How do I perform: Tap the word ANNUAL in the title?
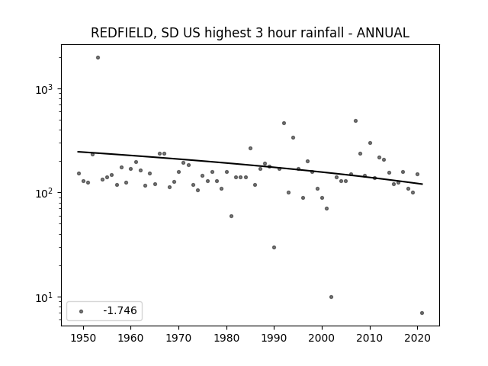(x=383, y=33)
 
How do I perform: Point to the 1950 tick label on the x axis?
(x=83, y=338)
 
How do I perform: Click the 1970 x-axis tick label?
(x=178, y=338)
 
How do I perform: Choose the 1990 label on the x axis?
(x=274, y=338)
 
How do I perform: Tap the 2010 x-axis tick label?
(x=370, y=338)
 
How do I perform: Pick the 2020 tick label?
(x=417, y=338)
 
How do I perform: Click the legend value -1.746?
(x=120, y=310)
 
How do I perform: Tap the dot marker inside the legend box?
(x=81, y=311)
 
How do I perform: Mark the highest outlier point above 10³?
(x=98, y=58)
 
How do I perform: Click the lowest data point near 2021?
(x=422, y=313)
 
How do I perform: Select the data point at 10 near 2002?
(x=331, y=297)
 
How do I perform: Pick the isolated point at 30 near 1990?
(x=274, y=247)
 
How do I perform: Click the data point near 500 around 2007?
(x=355, y=120)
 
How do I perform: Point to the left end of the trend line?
(x=78, y=152)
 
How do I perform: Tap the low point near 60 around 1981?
(x=231, y=216)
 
